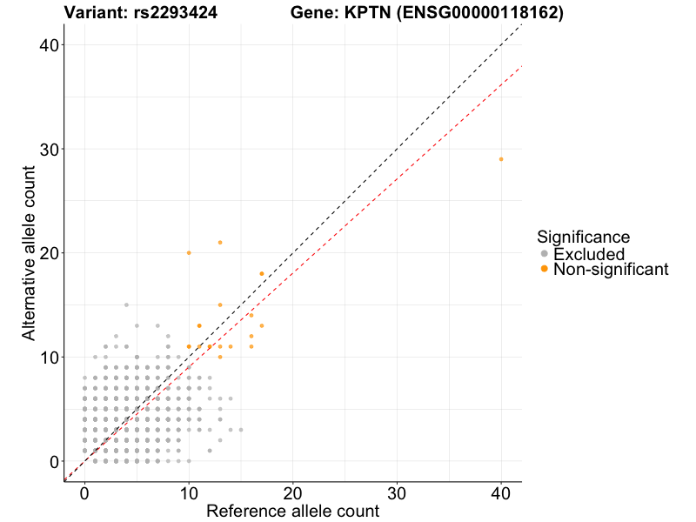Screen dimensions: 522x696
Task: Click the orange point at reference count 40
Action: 501,159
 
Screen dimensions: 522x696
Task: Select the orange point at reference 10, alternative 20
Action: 189,253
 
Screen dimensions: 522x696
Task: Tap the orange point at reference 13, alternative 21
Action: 220,243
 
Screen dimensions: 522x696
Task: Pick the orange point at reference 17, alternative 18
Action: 262,274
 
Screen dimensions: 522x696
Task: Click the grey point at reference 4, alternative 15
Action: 126,305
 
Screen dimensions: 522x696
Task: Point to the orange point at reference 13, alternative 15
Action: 220,305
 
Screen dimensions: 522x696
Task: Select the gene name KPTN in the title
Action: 358,13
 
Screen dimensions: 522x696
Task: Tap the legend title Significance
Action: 583,237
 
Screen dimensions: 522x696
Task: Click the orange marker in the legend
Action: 545,270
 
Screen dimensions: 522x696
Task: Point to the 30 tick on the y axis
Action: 52,149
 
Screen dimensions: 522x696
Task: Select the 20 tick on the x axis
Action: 293,492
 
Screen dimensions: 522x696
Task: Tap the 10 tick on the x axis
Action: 189,492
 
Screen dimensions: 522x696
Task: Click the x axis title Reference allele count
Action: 292,512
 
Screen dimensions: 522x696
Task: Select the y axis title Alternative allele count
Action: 30,253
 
